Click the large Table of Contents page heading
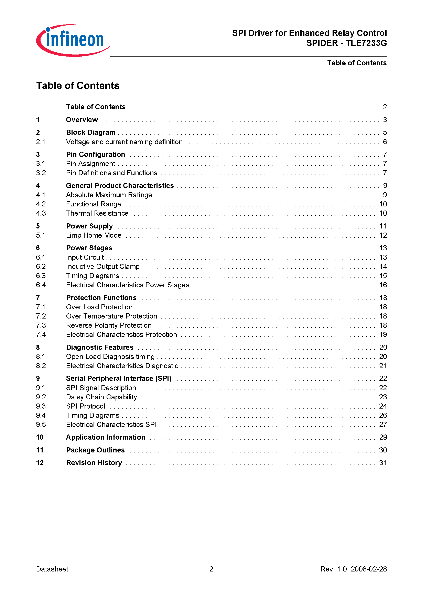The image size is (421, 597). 78,86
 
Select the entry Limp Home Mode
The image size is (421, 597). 94,235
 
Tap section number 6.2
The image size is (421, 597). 41,266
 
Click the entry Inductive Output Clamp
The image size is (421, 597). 102,266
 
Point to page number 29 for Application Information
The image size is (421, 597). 383,437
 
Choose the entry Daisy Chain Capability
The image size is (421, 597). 101,397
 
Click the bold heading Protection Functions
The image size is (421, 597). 101,298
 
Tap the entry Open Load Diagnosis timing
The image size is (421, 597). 110,356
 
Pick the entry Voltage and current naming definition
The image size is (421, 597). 124,142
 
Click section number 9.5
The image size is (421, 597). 41,425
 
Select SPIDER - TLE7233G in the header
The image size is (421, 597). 346,43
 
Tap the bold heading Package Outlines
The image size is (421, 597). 95,450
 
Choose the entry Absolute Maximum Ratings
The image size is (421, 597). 109,195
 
